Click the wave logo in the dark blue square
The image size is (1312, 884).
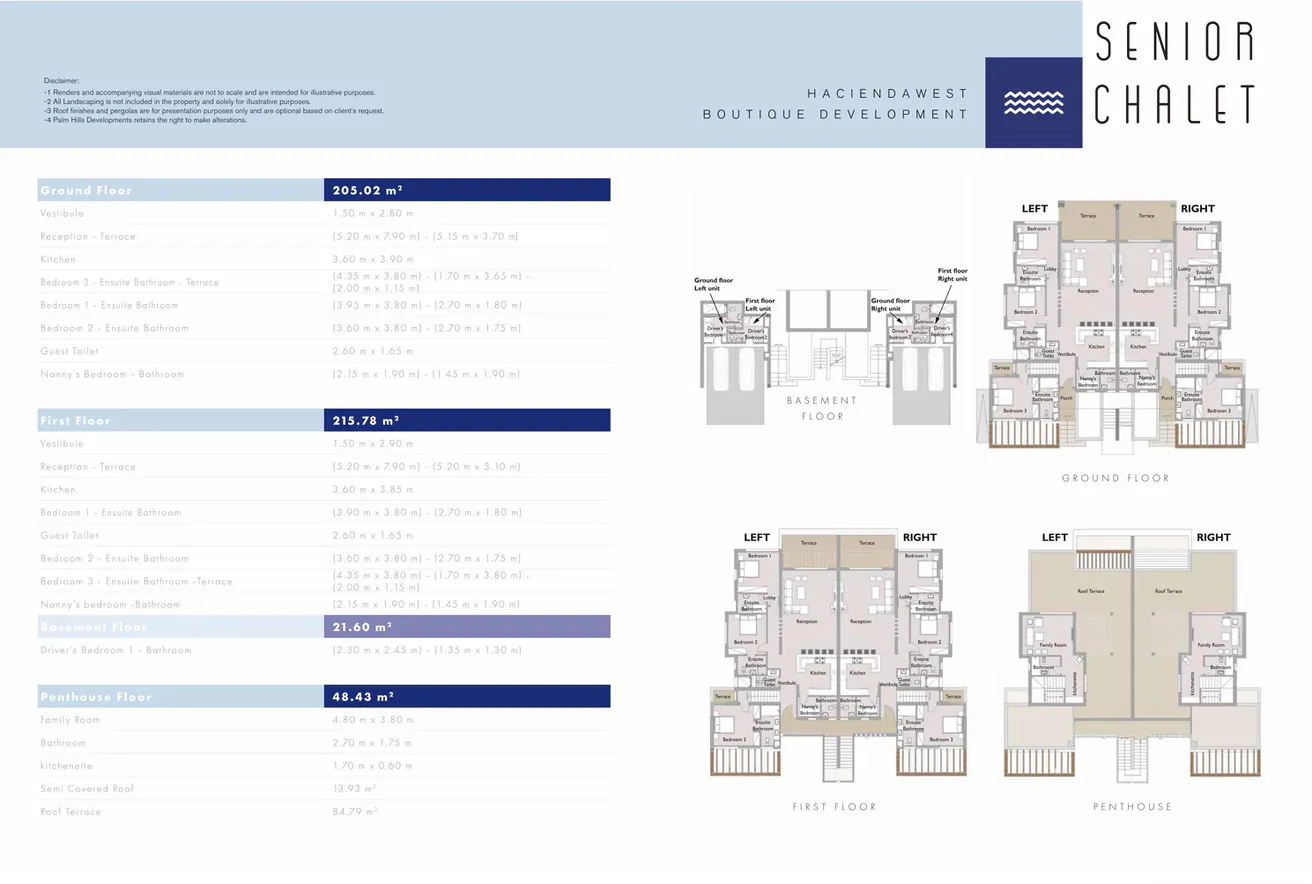point(1033,103)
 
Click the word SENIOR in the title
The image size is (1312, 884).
point(1175,42)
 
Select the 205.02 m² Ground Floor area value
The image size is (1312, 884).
point(368,190)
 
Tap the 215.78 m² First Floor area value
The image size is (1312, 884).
point(368,420)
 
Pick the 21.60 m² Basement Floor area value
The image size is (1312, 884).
point(362,627)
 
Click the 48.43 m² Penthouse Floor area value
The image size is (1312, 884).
point(362,696)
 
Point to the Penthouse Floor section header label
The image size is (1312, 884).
point(96,696)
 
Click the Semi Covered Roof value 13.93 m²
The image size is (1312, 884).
point(355,789)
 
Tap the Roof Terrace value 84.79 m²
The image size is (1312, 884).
point(355,812)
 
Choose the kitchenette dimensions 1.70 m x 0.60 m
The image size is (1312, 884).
point(372,766)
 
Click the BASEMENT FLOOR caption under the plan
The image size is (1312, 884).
point(822,408)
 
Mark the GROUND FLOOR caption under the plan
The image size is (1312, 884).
point(1115,478)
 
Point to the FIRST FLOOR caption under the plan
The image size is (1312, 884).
point(834,806)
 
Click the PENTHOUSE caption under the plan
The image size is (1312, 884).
point(1132,806)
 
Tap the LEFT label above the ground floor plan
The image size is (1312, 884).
point(1034,209)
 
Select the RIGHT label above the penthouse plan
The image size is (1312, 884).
point(1213,537)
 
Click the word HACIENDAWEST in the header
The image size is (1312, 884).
point(888,93)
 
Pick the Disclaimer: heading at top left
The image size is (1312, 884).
point(61,80)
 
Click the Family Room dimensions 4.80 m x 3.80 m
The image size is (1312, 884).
point(372,720)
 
